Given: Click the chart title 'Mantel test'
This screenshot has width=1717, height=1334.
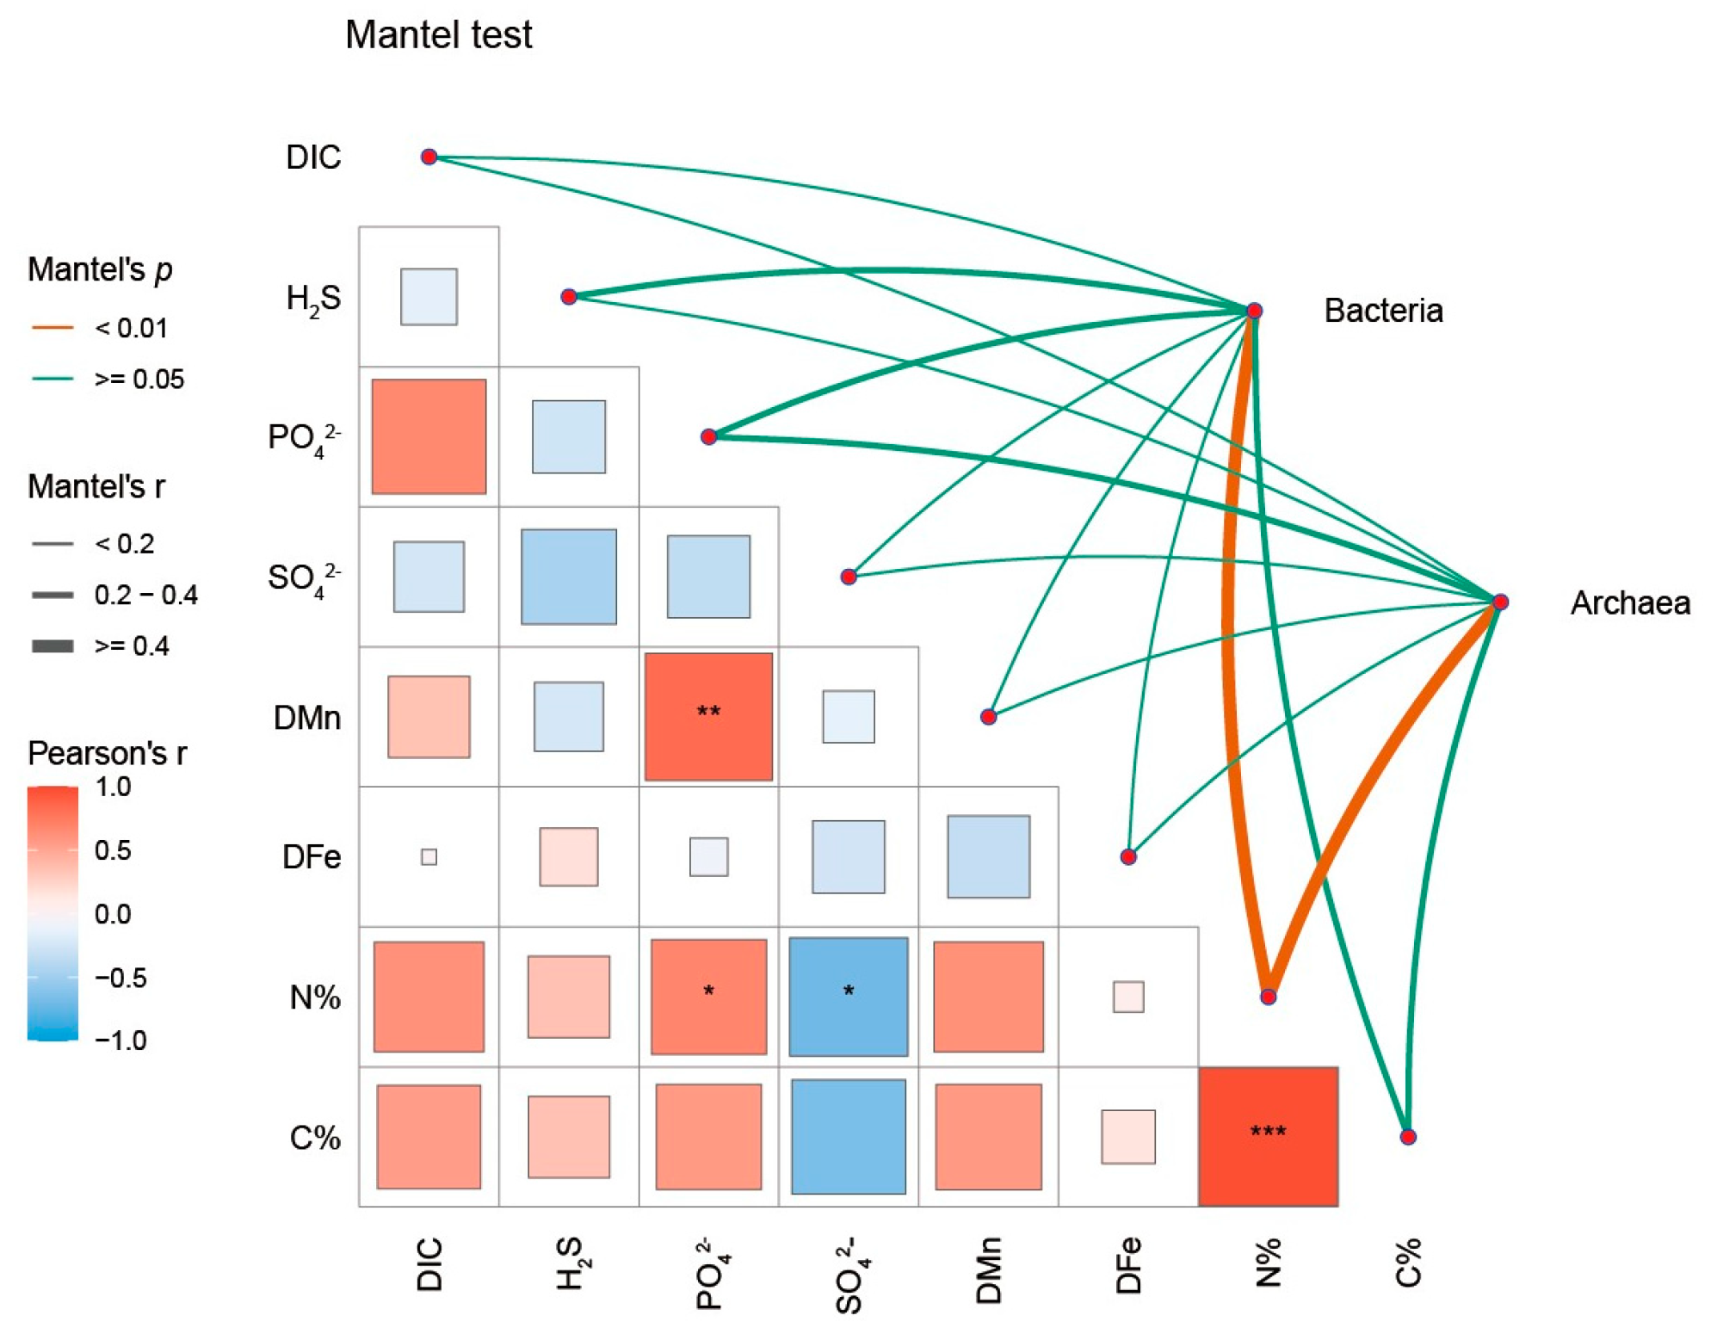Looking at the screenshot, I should click(x=438, y=35).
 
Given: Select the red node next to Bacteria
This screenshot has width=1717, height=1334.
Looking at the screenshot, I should click(x=1254, y=311).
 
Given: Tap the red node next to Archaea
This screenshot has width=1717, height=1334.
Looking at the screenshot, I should click(x=1500, y=602).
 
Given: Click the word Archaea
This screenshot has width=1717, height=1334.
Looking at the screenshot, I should click(x=1629, y=603).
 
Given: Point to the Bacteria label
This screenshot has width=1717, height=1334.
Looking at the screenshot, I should click(x=1383, y=311).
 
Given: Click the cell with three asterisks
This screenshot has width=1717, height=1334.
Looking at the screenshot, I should click(x=1268, y=1136).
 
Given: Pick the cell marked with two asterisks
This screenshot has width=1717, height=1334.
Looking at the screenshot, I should click(x=708, y=716).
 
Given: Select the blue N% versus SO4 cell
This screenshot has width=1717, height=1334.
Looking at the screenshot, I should click(x=848, y=997).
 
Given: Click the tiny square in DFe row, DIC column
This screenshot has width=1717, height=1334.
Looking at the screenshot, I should click(x=429, y=856).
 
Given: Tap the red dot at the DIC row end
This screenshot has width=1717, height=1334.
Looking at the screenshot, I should click(x=429, y=157).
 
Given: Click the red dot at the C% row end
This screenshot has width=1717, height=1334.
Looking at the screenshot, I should click(x=1408, y=1137).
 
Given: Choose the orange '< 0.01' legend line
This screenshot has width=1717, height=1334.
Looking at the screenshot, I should click(x=52, y=328).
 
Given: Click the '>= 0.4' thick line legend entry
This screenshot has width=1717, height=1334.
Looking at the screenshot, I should click(x=52, y=645).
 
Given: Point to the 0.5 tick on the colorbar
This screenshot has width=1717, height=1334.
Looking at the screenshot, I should click(x=113, y=850).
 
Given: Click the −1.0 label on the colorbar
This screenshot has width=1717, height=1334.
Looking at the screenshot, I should click(x=120, y=1041).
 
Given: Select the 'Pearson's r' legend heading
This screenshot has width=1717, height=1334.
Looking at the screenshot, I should click(x=107, y=753).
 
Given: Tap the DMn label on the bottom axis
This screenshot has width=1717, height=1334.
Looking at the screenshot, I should click(x=989, y=1270).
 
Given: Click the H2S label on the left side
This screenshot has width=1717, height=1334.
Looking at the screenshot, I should click(x=313, y=298).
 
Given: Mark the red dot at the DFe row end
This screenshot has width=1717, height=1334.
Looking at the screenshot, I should click(x=1128, y=856).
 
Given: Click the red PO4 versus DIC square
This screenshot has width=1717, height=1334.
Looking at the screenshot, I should click(x=429, y=436).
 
